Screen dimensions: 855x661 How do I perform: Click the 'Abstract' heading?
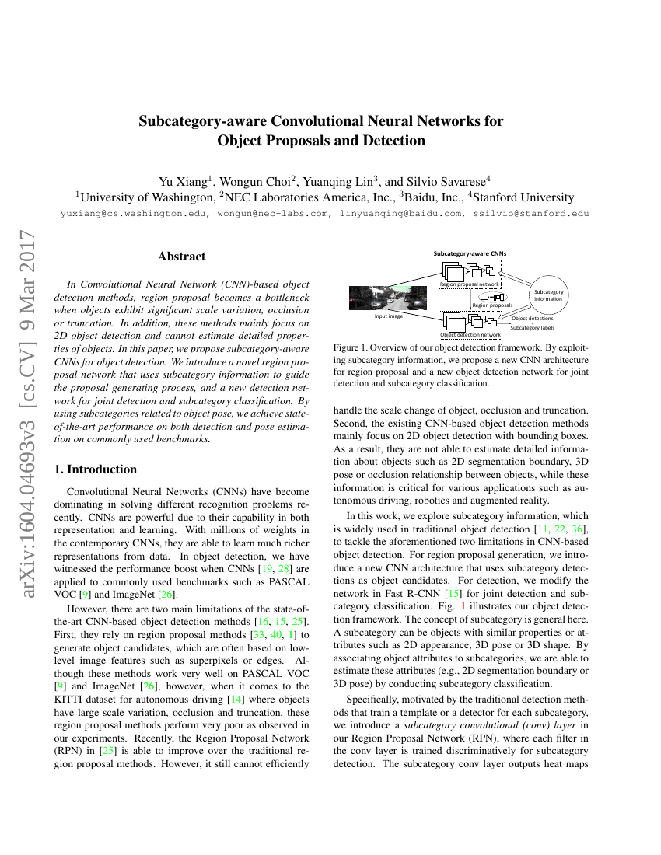pos(181,256)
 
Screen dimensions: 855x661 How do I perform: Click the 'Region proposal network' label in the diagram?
pos(470,285)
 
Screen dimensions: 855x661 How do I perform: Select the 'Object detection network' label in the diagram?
pos(470,335)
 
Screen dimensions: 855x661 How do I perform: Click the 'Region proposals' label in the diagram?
pos(488,305)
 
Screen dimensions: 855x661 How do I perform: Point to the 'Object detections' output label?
pos(533,319)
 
